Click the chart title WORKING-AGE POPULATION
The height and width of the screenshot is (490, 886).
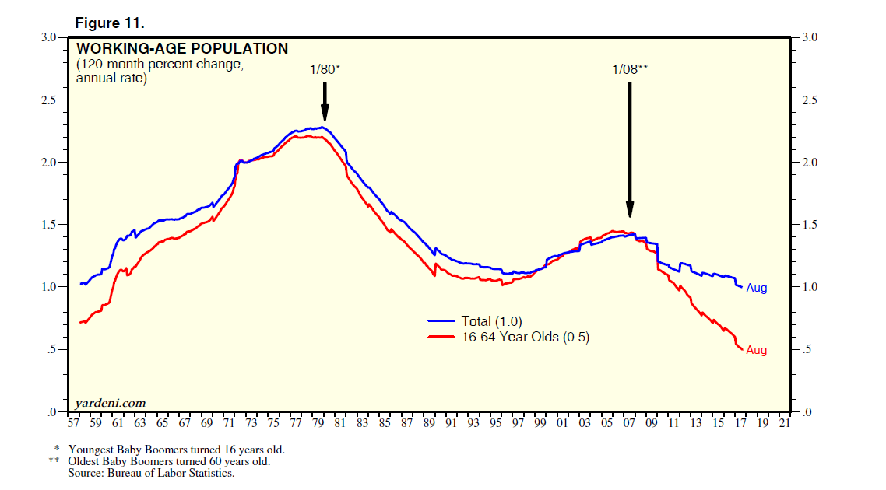click(181, 49)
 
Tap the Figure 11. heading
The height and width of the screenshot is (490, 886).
click(109, 24)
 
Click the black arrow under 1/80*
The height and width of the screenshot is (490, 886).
click(325, 101)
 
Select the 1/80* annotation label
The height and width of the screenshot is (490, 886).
click(325, 70)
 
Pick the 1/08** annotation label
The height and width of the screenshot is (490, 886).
click(630, 70)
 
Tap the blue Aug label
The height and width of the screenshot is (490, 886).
click(756, 289)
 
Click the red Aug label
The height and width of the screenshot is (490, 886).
click(756, 351)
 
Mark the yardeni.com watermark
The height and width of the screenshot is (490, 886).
click(111, 402)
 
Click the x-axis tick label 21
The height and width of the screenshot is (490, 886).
click(783, 424)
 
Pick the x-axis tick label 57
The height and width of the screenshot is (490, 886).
click(74, 424)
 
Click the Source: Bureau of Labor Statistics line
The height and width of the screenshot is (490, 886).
click(151, 473)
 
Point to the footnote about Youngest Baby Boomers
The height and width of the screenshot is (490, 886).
click(176, 450)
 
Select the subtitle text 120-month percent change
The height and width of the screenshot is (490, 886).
click(160, 65)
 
